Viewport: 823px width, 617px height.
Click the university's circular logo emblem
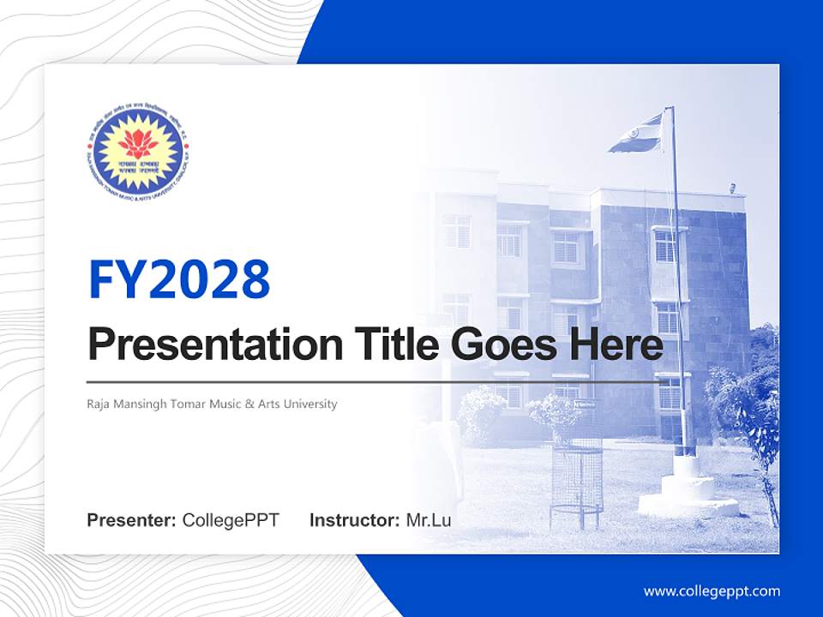(x=137, y=151)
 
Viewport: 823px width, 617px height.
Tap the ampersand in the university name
(x=250, y=404)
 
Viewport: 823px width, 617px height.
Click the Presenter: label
(x=132, y=520)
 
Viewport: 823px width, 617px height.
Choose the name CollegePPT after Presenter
(x=231, y=520)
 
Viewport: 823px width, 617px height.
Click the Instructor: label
(x=354, y=520)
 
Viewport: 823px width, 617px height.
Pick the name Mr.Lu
(x=429, y=520)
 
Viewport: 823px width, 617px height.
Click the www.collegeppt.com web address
(x=712, y=591)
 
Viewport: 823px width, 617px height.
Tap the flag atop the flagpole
(x=636, y=135)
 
